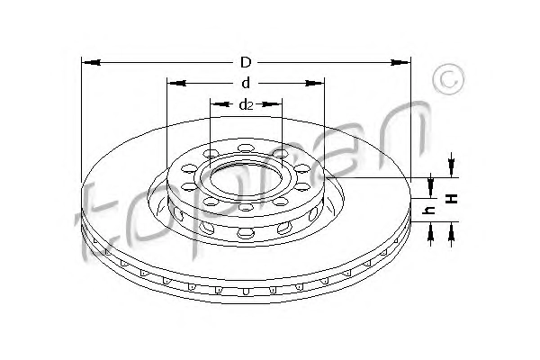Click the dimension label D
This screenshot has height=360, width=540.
pos(246,63)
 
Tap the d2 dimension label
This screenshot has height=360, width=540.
pos(246,104)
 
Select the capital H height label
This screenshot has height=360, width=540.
pos(452,198)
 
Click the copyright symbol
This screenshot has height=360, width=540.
pos(448,79)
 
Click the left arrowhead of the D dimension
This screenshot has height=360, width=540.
pos(92,63)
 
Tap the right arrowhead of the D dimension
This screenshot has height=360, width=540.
pos(400,63)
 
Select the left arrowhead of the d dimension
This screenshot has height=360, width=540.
pos(177,84)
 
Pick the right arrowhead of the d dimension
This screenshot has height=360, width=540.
pos(315,84)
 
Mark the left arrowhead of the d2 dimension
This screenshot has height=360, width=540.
pos(220,104)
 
